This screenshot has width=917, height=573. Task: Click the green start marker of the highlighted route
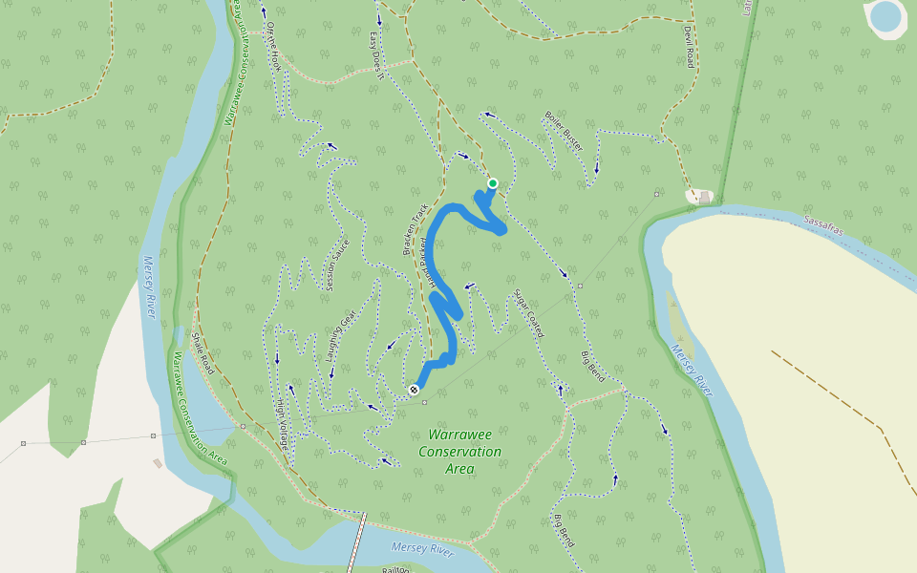coord(493,183)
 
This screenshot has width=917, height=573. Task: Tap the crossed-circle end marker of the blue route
coord(414,390)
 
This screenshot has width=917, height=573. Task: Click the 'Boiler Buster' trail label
coord(563,130)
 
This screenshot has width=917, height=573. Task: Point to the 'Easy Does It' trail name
coord(375,56)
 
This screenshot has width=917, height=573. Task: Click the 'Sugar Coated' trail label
coord(528,313)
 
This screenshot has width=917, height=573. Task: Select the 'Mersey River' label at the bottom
coord(422,548)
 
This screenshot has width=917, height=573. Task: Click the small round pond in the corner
coord(885,15)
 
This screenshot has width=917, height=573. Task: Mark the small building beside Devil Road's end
coord(705,197)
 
